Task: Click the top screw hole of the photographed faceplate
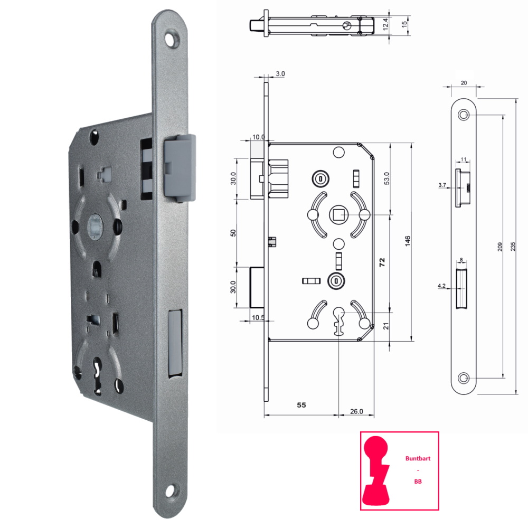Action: (173, 39)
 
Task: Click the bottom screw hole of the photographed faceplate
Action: (173, 491)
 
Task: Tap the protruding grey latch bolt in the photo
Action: (180, 168)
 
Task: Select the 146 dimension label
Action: (408, 241)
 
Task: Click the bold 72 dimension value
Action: (382, 262)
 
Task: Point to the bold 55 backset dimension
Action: (301, 405)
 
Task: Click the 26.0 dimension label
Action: (356, 411)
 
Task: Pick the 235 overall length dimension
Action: (513, 247)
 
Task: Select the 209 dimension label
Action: (499, 247)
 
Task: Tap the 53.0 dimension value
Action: (386, 178)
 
